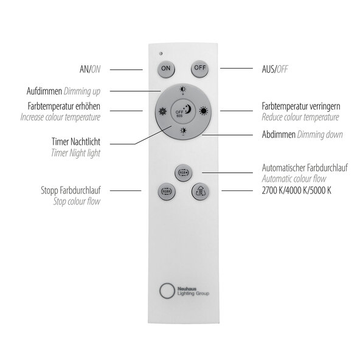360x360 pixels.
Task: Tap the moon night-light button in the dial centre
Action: (183, 111)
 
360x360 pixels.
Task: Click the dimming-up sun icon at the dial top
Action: (183, 89)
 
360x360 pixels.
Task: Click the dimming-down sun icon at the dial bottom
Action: (183, 131)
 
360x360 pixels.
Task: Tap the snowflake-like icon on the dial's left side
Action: (163, 111)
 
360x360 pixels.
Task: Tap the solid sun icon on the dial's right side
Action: (204, 111)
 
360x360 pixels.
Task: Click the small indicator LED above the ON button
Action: (161, 54)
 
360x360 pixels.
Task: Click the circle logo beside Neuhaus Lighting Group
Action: (167, 291)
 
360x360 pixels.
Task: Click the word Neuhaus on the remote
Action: (187, 289)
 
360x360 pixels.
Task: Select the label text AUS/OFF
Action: (275, 69)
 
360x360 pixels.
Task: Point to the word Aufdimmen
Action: (44, 91)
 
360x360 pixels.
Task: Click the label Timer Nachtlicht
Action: (76, 142)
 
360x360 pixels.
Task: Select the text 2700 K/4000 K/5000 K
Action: (296, 190)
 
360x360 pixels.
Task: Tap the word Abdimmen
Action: (279, 134)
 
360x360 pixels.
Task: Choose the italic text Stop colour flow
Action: (77, 201)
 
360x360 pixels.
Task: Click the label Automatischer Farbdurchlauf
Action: (305, 168)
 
